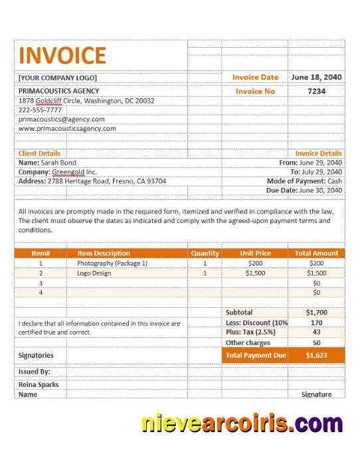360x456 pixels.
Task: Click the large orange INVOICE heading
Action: click(x=62, y=55)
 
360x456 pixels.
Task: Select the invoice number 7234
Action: click(x=317, y=91)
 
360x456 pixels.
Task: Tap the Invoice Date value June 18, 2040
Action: click(x=317, y=77)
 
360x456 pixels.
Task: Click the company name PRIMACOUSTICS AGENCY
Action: click(x=59, y=91)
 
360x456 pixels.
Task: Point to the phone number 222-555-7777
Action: click(x=40, y=110)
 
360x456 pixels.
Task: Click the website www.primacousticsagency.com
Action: click(x=67, y=128)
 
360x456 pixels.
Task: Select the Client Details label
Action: click(x=39, y=153)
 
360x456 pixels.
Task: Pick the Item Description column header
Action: click(x=104, y=253)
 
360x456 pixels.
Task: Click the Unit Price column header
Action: click(x=255, y=253)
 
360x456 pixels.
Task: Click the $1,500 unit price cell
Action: click(x=255, y=273)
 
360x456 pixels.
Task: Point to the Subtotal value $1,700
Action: click(x=316, y=311)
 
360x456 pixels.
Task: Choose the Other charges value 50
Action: click(x=316, y=342)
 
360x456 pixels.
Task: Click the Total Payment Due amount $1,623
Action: click(x=316, y=355)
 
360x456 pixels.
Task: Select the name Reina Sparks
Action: click(x=39, y=384)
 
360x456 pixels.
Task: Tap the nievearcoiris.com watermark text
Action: click(x=241, y=422)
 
